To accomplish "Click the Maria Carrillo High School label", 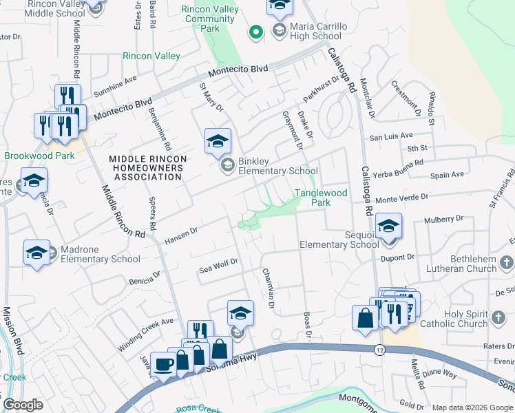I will coord(308,31).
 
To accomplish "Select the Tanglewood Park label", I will coord(322,198).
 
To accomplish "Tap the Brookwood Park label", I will coord(39,156).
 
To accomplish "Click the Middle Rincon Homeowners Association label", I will coord(149,168).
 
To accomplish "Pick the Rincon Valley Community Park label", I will coord(209,19).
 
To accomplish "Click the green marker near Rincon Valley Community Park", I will coord(255,31).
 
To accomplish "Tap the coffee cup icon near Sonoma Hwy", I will coord(164,364).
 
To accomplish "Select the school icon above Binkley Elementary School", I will coord(218,142).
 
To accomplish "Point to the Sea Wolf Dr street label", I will coord(218,262).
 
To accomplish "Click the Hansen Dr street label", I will coord(181,236).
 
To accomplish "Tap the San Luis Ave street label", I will coord(390,136).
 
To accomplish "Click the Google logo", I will coord(23,405).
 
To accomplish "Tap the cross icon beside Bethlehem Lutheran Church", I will coord(505,262).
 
